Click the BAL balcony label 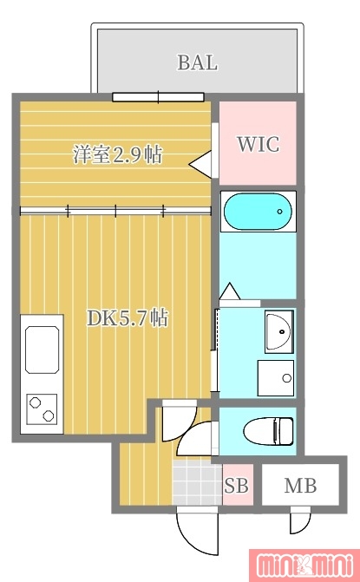[197, 62]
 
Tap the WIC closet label [259, 144]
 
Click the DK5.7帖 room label [128, 317]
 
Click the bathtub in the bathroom [257, 211]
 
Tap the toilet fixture [268, 429]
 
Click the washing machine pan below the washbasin [277, 377]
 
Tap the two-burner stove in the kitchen [42, 408]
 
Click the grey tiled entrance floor [197, 481]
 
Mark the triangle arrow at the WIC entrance [200, 161]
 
